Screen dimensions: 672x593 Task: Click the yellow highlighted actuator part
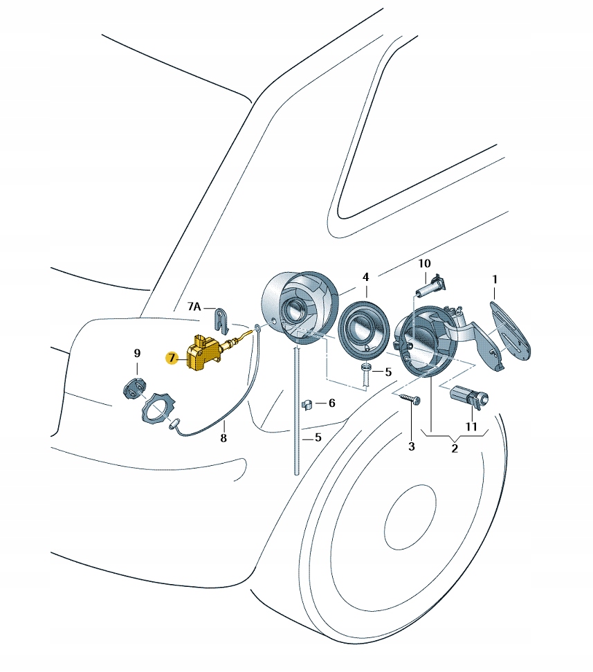pyautogui.click(x=203, y=353)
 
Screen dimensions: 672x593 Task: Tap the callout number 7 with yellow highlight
pyautogui.click(x=171, y=358)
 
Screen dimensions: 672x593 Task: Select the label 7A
pyautogui.click(x=193, y=307)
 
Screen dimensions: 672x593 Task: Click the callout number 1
pyautogui.click(x=495, y=279)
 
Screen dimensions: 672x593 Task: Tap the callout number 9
pyautogui.click(x=137, y=354)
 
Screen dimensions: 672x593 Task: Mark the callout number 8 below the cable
pyautogui.click(x=223, y=437)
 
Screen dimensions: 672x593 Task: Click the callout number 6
pyautogui.click(x=331, y=402)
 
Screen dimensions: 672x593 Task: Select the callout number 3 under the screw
pyautogui.click(x=411, y=446)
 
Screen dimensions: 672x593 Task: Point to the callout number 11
pyautogui.click(x=471, y=426)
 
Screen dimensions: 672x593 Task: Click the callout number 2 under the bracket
pyautogui.click(x=454, y=448)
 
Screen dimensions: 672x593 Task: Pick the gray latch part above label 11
pyautogui.click(x=469, y=397)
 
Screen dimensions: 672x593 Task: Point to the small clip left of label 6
pyautogui.click(x=308, y=401)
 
